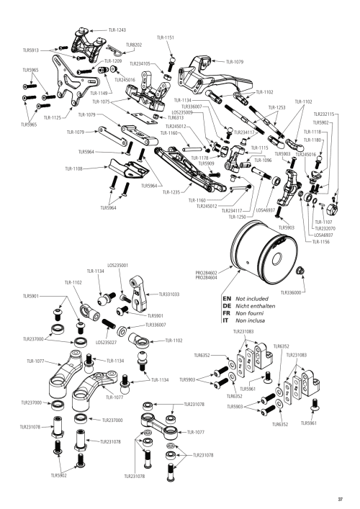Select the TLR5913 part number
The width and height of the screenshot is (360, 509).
click(x=30, y=51)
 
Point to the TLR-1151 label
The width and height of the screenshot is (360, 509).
click(x=165, y=37)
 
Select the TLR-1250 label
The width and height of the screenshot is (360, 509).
click(x=237, y=216)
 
